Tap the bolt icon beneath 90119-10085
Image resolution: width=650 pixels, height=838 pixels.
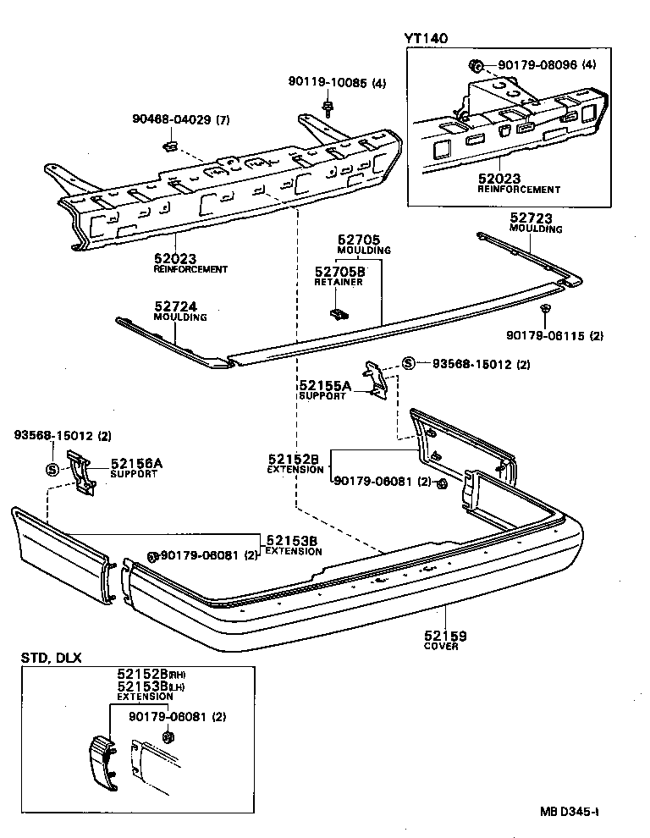coord(328,107)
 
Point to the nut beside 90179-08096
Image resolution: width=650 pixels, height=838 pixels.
coord(476,64)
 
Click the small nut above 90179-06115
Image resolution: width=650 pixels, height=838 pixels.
coord(547,308)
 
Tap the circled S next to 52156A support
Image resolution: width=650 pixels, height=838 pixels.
coord(50,470)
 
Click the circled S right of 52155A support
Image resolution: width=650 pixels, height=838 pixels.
coord(408,364)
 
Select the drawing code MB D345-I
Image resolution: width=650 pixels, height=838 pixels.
coord(570,811)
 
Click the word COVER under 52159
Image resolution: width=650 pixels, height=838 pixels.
coord(440,647)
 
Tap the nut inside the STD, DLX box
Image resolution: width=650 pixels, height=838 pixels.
coord(168,737)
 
